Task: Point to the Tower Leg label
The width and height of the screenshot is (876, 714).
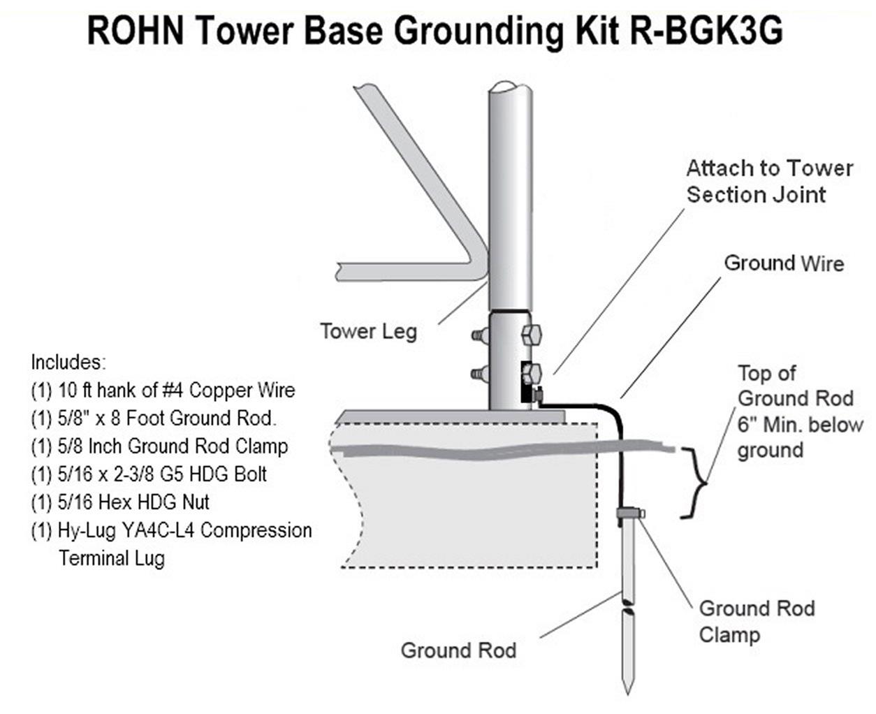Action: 368,330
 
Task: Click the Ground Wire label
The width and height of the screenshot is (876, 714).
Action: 784,263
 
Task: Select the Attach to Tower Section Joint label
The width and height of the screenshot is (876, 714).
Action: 768,181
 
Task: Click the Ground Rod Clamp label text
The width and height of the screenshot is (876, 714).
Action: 757,621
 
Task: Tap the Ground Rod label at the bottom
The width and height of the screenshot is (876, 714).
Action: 458,650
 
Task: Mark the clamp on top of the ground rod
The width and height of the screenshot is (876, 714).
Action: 628,513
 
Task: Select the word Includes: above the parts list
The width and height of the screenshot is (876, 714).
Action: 67,363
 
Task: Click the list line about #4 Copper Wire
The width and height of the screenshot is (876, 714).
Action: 163,390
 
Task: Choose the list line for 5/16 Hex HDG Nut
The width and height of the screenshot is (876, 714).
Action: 120,502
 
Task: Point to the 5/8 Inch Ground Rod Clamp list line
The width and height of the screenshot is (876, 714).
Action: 159,446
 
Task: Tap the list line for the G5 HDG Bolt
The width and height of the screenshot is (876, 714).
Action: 149,474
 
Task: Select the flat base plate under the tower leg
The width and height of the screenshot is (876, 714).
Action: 451,416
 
